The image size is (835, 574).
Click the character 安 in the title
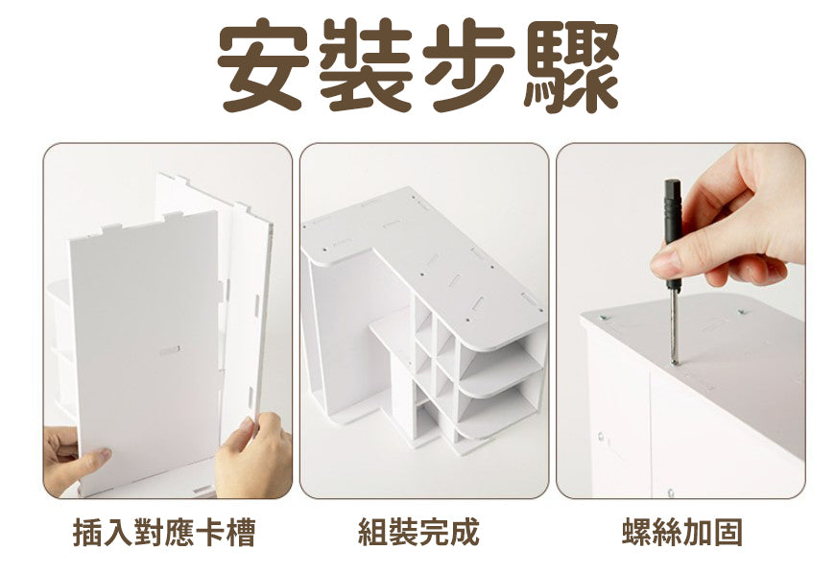click(x=263, y=64)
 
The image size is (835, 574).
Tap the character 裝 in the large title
click(x=366, y=64)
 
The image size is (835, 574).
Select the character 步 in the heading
click(x=468, y=64)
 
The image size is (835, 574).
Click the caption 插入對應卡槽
click(x=164, y=532)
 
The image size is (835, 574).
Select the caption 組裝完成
click(x=419, y=532)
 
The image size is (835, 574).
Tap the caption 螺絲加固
click(x=682, y=532)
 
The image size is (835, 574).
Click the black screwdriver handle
click(x=673, y=233)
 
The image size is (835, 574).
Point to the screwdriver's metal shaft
click(x=674, y=327)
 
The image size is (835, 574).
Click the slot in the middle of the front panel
click(x=170, y=349)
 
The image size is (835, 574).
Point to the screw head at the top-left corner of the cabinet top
click(x=605, y=319)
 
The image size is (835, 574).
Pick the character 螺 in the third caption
click(x=636, y=532)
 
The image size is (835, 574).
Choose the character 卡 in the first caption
click(x=210, y=532)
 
